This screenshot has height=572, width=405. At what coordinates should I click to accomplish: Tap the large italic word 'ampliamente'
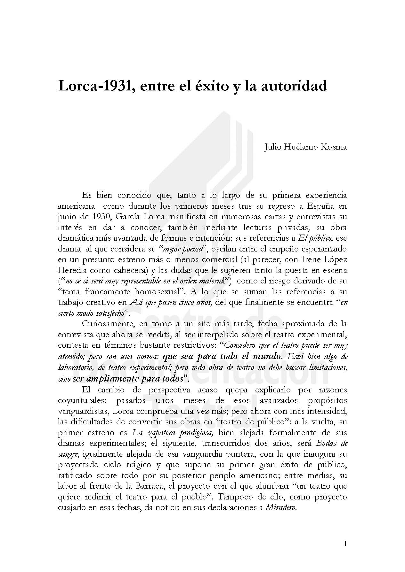pos(113,379)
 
